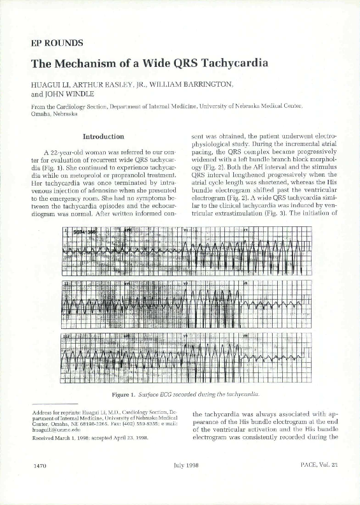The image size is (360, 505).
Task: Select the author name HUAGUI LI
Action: pyautogui.click(x=52, y=84)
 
